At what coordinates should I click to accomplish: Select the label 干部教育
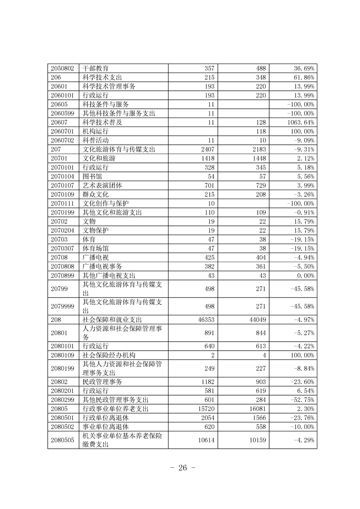tap(95, 68)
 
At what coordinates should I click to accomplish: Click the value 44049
tap(256, 319)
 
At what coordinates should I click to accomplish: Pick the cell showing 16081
tap(256, 409)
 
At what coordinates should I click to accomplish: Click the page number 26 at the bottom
tap(180, 469)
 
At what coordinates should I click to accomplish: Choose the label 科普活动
tap(95, 140)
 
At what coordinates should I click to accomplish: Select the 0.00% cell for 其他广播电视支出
tap(306, 275)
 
